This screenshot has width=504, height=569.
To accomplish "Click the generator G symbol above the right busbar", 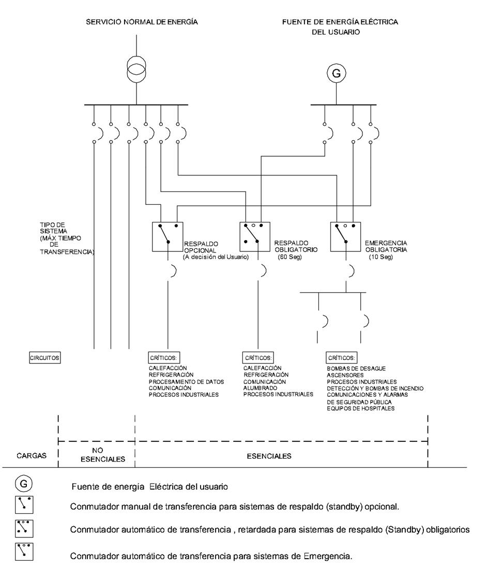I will tap(336, 74).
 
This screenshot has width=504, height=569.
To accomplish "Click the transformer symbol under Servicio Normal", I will tap(137, 69).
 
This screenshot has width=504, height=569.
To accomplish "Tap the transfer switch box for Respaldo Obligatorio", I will tap(255, 237).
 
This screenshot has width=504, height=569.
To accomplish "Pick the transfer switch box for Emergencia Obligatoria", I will tap(345, 237).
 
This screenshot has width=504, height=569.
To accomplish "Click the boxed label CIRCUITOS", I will tap(45, 357).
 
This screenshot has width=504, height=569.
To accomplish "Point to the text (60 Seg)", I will tap(286, 257).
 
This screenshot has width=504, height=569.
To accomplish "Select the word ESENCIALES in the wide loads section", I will tap(269, 456).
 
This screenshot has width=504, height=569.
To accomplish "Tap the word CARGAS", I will tap(32, 456).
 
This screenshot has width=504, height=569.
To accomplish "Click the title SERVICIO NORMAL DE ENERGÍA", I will tap(142, 22).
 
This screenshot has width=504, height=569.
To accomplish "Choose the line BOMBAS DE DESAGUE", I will tap(356, 368).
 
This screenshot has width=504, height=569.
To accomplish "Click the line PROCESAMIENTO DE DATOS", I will tap(186, 381).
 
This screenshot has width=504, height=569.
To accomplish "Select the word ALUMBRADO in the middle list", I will tap(260, 387).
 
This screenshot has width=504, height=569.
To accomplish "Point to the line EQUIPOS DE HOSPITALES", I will tap(360, 408).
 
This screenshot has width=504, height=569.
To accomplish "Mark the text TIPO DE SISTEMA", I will tap(52, 228).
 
